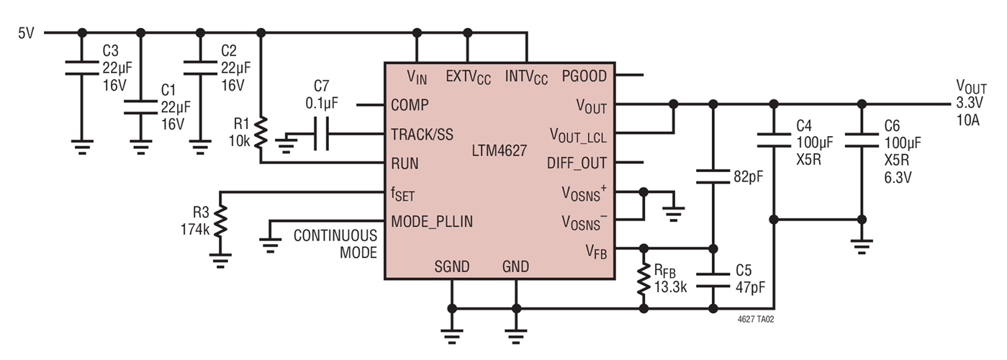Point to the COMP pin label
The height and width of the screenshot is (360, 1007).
pos(410,105)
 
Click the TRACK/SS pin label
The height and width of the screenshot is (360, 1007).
pos(422,134)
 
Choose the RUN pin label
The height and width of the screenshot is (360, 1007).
pos(405,163)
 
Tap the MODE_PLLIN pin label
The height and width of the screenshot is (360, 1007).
pos(432,221)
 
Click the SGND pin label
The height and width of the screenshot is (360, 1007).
pos(451,267)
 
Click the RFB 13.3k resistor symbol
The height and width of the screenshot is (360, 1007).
pos(644,280)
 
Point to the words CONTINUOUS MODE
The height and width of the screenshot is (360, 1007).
pos(335,244)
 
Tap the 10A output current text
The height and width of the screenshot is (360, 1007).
pos(967,120)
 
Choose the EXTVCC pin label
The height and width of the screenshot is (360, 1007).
pos(468,76)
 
